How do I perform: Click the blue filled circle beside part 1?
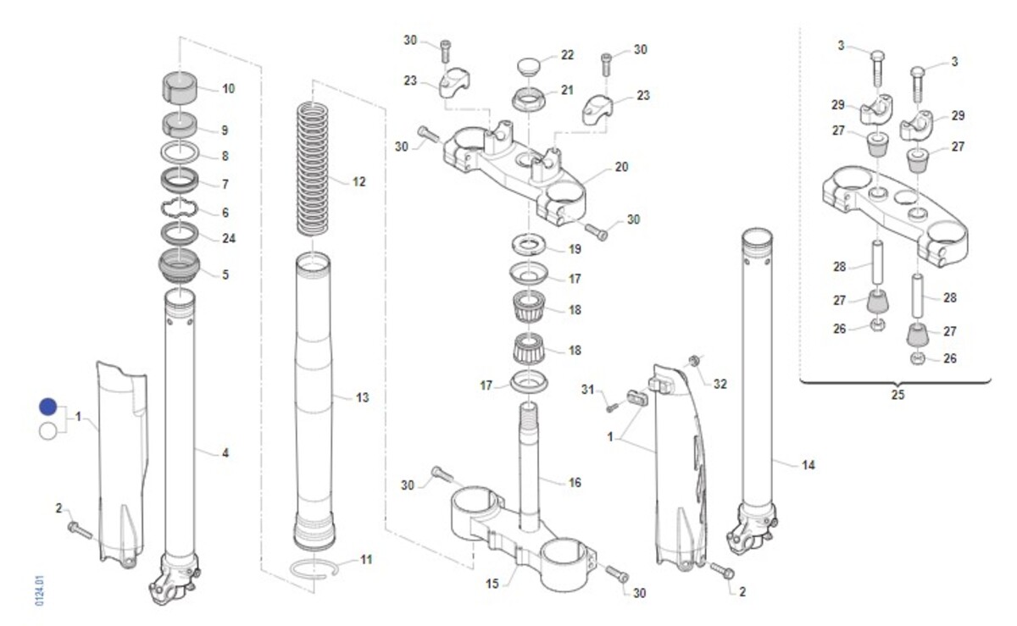pyautogui.click(x=48, y=407)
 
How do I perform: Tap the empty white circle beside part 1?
pyautogui.click(x=48, y=430)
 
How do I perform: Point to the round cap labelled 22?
pyautogui.click(x=531, y=64)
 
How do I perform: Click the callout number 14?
pyautogui.click(x=809, y=464)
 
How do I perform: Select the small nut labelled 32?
pyautogui.click(x=694, y=363)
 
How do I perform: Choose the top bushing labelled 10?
pyautogui.click(x=181, y=86)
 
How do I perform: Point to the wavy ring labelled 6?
pyautogui.click(x=181, y=208)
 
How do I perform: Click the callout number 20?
pyautogui.click(x=621, y=167)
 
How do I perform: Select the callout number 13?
pyautogui.click(x=362, y=396)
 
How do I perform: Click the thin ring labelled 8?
pyautogui.click(x=181, y=153)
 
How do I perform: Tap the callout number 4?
pyautogui.click(x=225, y=454)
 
